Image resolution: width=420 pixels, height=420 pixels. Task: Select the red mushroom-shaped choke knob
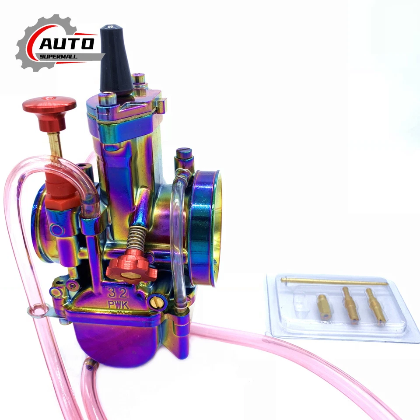(49, 107)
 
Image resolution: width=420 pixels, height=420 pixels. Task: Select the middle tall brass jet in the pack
(350, 304)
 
